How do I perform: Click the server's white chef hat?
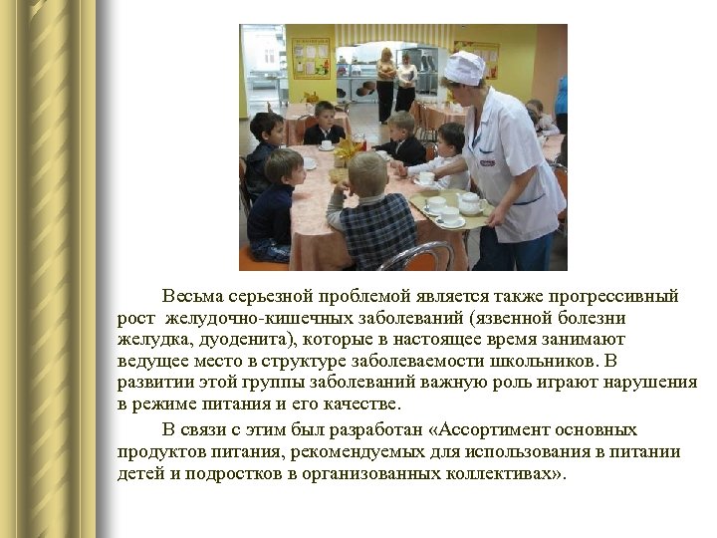click(x=463, y=68)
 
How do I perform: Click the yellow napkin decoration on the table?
click(x=348, y=151)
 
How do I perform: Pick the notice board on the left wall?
click(x=311, y=59)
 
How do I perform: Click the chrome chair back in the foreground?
click(x=414, y=256)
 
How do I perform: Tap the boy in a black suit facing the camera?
click(x=324, y=123)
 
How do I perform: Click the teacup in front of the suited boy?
click(x=326, y=145)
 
